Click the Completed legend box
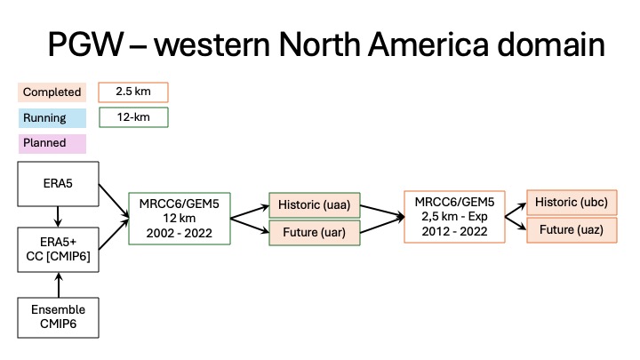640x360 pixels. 52,92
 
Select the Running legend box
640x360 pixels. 52,118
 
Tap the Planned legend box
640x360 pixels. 52,143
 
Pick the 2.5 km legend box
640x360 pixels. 133,92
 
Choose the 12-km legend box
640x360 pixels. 133,117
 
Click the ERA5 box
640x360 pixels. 58,184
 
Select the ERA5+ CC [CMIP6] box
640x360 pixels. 58,250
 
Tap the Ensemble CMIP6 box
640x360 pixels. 58,317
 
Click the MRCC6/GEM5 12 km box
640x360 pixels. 180,219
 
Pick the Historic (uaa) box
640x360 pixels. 315,205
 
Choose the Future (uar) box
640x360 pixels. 315,233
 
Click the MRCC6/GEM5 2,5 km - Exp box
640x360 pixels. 454,217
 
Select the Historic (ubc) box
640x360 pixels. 572,203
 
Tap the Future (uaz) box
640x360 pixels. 572,230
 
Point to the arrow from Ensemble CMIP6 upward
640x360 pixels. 59,285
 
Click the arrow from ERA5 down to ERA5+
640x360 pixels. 58,217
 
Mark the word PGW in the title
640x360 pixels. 85,44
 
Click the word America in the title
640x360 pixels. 428,44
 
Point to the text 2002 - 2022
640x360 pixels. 180,233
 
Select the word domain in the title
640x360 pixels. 551,44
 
